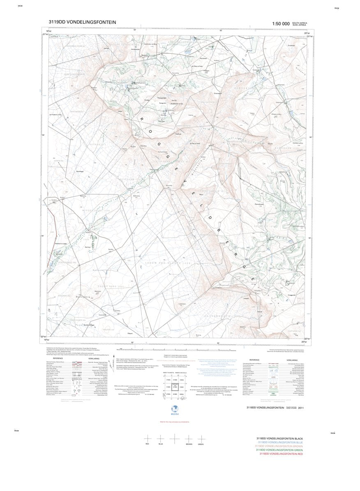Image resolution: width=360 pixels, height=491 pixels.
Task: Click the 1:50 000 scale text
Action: [281, 24]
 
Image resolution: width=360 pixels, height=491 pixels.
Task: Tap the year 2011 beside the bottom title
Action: [301, 408]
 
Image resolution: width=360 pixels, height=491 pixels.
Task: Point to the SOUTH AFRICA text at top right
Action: [300, 23]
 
